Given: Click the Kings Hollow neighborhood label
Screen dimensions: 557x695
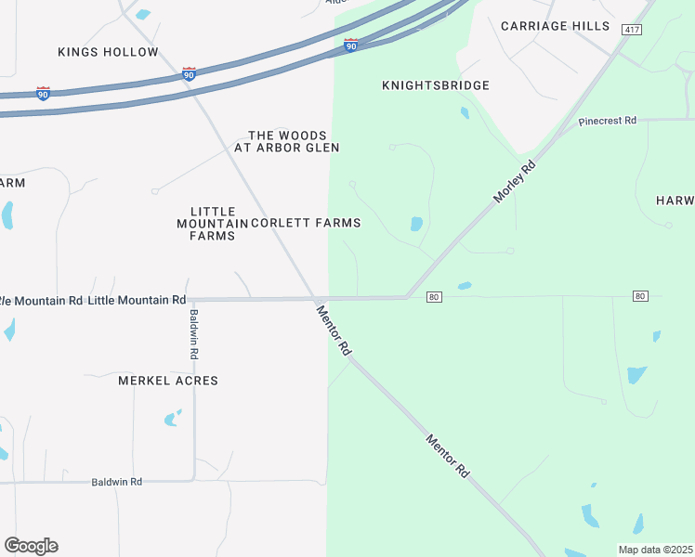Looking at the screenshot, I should (108, 52).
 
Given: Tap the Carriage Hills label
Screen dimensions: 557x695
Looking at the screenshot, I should (555, 26).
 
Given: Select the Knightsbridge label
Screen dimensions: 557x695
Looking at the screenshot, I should (435, 85).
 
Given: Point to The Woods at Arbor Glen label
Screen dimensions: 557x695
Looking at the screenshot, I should (286, 141).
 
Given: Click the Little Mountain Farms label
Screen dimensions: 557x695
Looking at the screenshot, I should (212, 224).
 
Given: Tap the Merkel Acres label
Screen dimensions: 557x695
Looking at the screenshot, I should (168, 381).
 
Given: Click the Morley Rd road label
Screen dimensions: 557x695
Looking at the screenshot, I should (517, 182).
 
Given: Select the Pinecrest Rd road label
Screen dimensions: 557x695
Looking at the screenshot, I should (607, 121).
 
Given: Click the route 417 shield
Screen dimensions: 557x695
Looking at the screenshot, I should (632, 30).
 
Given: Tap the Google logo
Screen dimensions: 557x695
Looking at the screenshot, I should (31, 545).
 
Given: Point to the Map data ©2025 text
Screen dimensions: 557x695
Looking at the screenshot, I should (655, 550).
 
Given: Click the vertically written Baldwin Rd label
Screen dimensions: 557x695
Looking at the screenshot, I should (194, 333).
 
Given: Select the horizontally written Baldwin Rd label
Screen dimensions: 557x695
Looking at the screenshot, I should (116, 482).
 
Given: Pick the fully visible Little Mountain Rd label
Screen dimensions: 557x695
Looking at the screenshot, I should (137, 300).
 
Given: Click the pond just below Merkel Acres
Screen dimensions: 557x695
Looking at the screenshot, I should (172, 419).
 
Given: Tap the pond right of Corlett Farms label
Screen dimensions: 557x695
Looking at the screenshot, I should (416, 224).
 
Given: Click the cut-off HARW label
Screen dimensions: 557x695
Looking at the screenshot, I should (675, 201).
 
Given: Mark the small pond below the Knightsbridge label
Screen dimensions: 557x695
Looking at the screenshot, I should (465, 113).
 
